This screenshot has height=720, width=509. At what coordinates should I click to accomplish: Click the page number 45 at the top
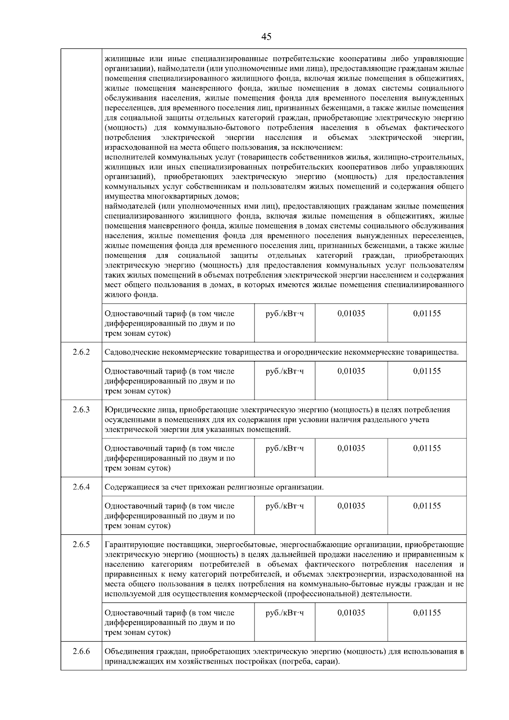click(266, 36)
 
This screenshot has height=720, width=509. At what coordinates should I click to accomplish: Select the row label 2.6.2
click(81, 352)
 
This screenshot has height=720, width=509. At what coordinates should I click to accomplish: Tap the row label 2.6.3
click(81, 410)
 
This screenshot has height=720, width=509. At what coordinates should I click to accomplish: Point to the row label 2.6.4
click(81, 487)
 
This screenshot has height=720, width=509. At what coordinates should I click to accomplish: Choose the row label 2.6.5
click(81, 544)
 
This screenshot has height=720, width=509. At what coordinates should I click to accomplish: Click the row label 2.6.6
click(81, 651)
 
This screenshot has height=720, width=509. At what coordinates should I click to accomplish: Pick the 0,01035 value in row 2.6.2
click(351, 371)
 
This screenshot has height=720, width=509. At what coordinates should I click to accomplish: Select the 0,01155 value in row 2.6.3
click(427, 448)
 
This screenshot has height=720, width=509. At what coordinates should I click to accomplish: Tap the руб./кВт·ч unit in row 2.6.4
click(285, 506)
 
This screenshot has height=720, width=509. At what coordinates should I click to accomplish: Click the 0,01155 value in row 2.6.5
click(427, 613)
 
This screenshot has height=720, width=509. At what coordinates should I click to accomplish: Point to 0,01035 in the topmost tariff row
click(351, 313)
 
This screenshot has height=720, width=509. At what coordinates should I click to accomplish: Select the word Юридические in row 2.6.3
click(126, 410)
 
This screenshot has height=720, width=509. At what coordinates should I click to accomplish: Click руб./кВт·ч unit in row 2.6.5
click(285, 613)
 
